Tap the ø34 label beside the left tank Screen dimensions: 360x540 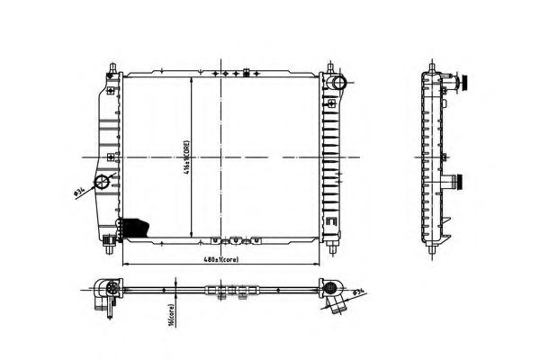(x=79, y=189)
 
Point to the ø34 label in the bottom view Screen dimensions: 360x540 (x=358, y=292)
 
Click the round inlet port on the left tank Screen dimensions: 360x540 (x=104, y=183)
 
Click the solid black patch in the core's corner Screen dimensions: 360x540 (x=135, y=227)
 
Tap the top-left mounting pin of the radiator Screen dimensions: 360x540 (x=112, y=69)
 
